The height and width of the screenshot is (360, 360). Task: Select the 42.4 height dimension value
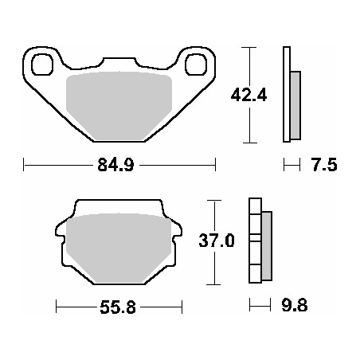tap(248, 94)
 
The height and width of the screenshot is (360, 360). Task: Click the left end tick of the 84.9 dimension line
tap(25, 166)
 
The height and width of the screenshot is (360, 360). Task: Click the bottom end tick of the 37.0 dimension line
tap(213, 284)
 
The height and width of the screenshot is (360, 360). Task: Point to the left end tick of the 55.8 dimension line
tap(57, 305)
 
